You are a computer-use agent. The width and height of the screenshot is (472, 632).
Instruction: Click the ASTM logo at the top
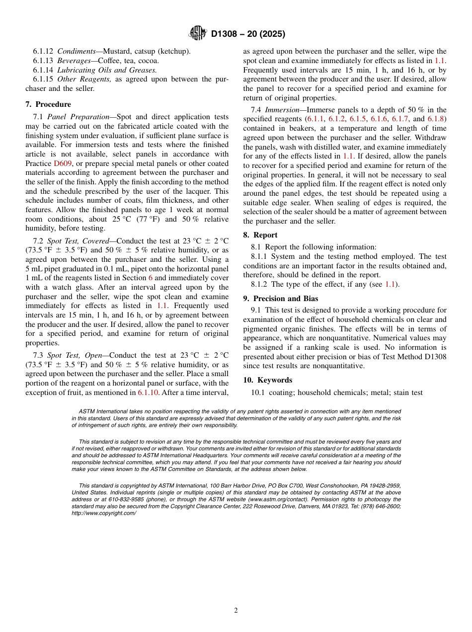pyautogui.click(x=197, y=34)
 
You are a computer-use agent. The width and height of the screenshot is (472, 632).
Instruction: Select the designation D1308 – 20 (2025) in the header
pyautogui.click(x=248, y=34)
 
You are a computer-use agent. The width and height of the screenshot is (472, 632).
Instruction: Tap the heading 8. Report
pyautogui.click(x=260, y=235)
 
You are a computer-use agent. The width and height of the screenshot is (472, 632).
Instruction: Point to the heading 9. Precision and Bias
pyautogui.click(x=281, y=299)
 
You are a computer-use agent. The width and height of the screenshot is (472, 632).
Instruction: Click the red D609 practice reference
pyautogui.click(x=63, y=163)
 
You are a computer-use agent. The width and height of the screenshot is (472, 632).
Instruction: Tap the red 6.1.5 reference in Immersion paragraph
pyautogui.click(x=358, y=119)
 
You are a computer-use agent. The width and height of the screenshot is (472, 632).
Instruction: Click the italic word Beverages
pyautogui.click(x=74, y=61)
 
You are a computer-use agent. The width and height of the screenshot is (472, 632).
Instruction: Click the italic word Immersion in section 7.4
pyautogui.click(x=282, y=110)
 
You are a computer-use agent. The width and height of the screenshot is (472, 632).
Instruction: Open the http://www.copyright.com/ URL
pyautogui.click(x=104, y=513)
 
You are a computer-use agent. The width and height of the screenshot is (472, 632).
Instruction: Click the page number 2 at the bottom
pyautogui.click(x=236, y=611)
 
